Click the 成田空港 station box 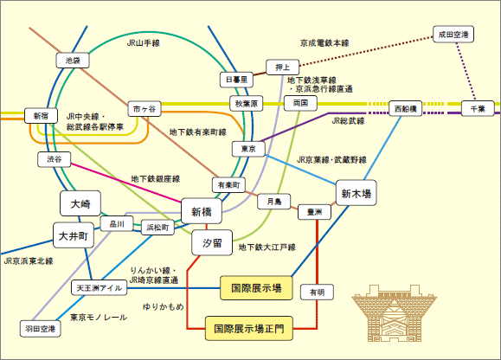click(453, 35)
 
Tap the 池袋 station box click(73, 61)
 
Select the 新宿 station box click(41, 116)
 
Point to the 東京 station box click(248, 149)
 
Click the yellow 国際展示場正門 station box click(249, 329)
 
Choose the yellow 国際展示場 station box click(256, 288)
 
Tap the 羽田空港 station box click(41, 329)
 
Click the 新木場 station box click(356, 193)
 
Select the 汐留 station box click(212, 243)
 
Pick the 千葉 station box click(478, 109)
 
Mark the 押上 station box click(282, 67)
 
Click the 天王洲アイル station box click(99, 288)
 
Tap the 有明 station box click(317, 292)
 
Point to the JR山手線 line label click(144, 43)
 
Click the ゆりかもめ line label click(164, 306)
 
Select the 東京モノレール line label click(99, 318)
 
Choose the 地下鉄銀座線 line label click(156, 179)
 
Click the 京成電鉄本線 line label click(324, 43)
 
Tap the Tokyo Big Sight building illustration click(394, 313)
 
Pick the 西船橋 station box click(406, 109)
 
